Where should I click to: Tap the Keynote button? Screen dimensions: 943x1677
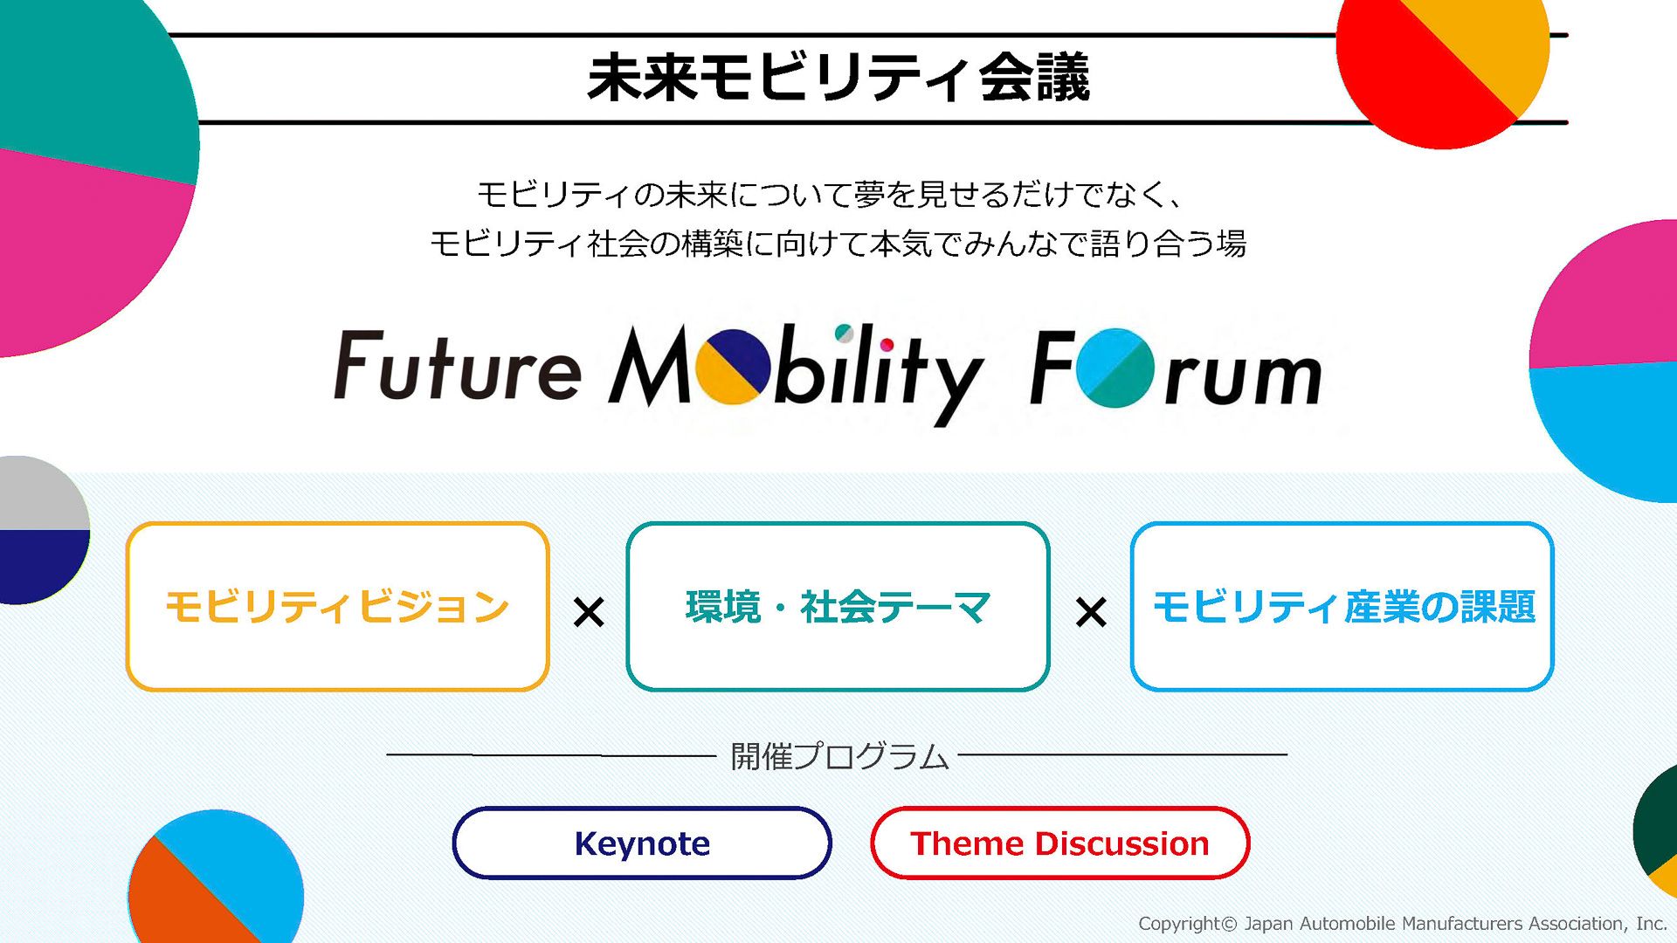pyautogui.click(x=642, y=843)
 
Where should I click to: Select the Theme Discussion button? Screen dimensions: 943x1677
pyautogui.click(x=1059, y=843)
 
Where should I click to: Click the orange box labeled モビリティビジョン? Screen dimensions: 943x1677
pyautogui.click(x=337, y=607)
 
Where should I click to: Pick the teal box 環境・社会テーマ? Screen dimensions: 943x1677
pyautogui.click(x=838, y=607)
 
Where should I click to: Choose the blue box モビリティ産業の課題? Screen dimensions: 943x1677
pyautogui.click(x=1342, y=607)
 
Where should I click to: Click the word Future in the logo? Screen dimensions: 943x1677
pyautogui.click(x=458, y=367)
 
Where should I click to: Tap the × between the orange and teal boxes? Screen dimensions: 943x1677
pyautogui.click(x=589, y=612)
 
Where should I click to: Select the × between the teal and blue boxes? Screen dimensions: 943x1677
pyautogui.click(x=1091, y=612)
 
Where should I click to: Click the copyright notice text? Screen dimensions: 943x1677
pyautogui.click(x=1402, y=924)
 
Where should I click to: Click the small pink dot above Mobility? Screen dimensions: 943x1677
pyautogui.click(x=887, y=345)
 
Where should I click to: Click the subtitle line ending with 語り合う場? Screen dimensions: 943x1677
pyautogui.click(x=838, y=244)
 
